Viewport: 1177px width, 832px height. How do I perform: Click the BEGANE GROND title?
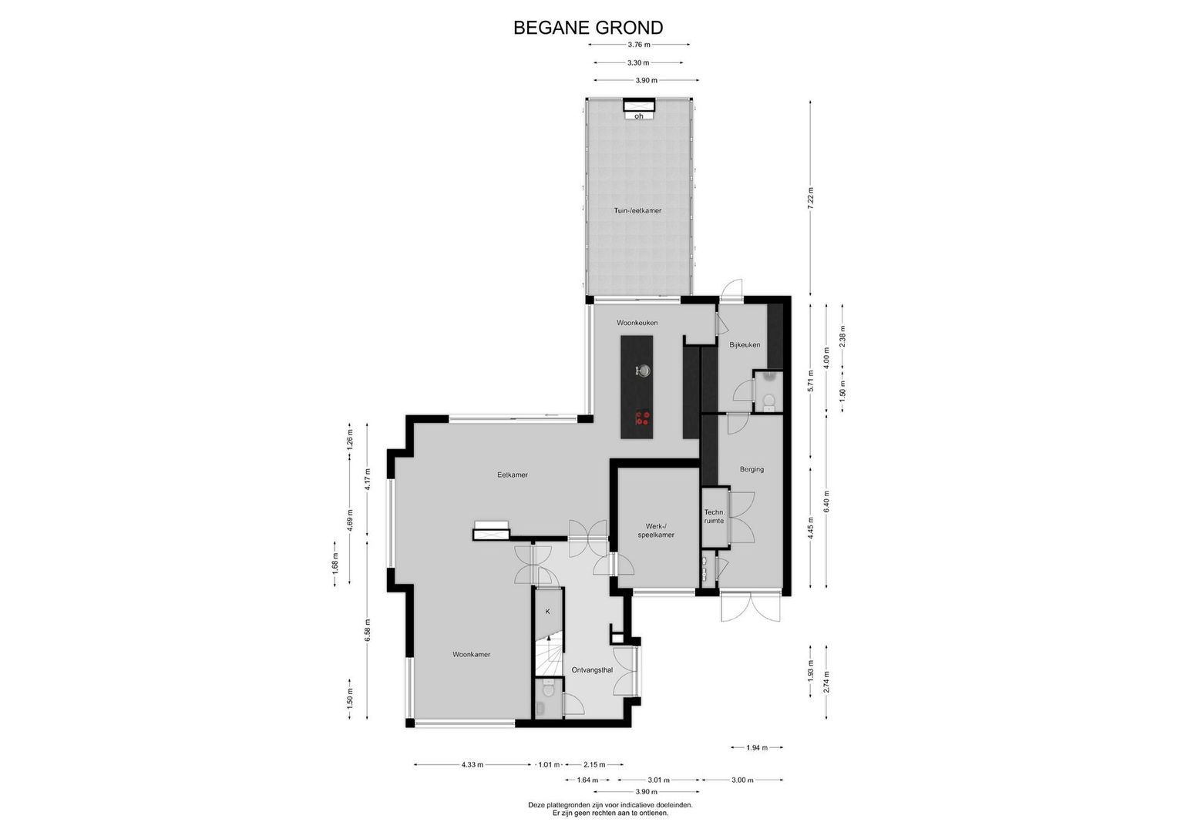(588, 28)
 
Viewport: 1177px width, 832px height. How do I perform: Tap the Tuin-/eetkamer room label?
(637, 210)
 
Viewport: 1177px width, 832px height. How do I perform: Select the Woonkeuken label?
(637, 323)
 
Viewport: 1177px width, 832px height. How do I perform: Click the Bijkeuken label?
(745, 345)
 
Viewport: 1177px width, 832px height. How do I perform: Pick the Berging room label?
(752, 470)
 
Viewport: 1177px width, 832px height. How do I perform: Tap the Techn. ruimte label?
(715, 517)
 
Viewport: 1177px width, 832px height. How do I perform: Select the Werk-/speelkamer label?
(656, 531)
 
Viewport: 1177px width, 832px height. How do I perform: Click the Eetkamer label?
(513, 475)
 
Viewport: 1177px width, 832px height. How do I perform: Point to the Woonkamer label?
(471, 655)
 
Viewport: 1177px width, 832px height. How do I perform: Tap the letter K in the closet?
(547, 612)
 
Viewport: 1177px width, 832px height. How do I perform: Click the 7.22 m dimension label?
(810, 199)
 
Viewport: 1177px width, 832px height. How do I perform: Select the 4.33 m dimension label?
(472, 765)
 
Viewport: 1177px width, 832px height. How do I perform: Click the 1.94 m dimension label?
(757, 747)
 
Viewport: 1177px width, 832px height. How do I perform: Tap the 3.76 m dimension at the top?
(638, 45)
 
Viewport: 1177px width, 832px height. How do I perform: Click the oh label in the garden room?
(639, 116)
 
